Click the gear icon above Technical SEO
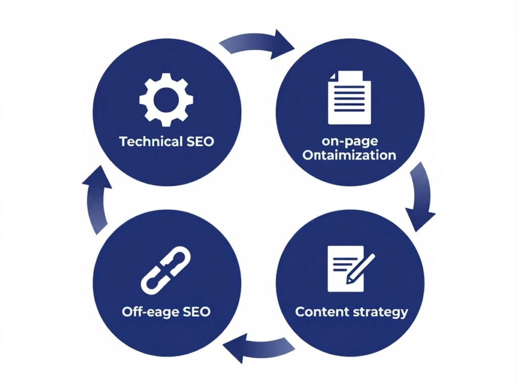166,100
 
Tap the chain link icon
166,270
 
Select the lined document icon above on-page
349,98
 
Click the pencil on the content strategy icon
360,269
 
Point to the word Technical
150,141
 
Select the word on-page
350,141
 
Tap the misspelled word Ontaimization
349,155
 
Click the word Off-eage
150,312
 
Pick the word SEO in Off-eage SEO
196,312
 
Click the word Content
322,312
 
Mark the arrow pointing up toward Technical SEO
95,201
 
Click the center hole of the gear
166,100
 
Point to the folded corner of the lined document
332,76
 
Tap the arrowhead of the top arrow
282,44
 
